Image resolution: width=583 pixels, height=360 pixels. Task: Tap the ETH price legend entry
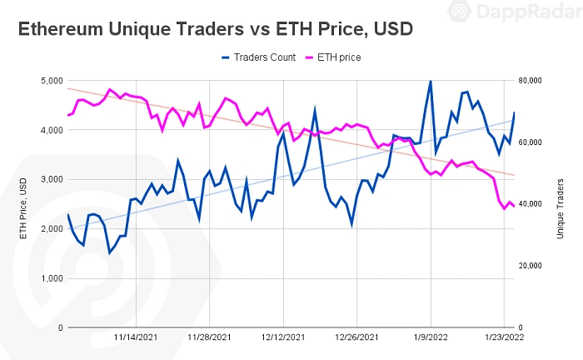pyautogui.click(x=337, y=57)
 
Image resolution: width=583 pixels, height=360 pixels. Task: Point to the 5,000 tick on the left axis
pyautogui.click(x=51, y=81)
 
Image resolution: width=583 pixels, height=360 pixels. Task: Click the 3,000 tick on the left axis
pyautogui.click(x=51, y=179)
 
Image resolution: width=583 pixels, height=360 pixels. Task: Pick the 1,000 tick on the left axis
pyautogui.click(x=51, y=278)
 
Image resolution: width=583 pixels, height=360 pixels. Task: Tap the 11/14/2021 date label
pyautogui.click(x=136, y=339)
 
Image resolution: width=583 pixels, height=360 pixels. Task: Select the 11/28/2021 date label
pyautogui.click(x=210, y=339)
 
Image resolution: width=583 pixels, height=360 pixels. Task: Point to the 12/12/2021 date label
pyautogui.click(x=284, y=339)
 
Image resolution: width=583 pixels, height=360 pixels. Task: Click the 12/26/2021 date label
pyautogui.click(x=357, y=339)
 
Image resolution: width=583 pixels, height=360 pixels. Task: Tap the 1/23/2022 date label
pyautogui.click(x=505, y=339)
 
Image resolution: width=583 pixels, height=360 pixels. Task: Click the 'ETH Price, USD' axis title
pyautogui.click(x=23, y=204)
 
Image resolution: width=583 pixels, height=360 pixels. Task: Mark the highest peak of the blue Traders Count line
pyautogui.click(x=431, y=81)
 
